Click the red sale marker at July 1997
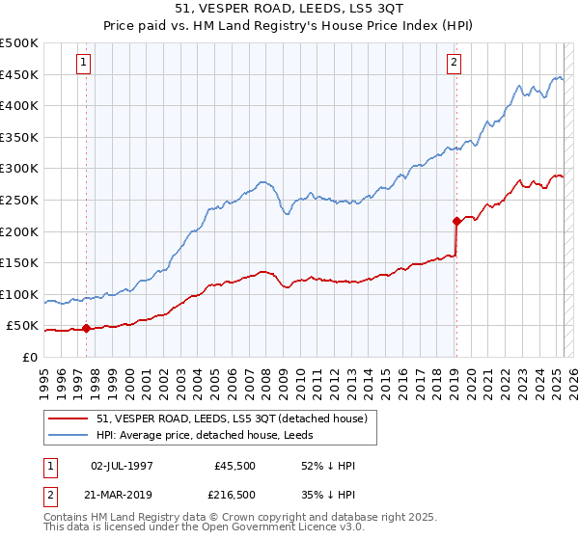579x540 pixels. click(x=86, y=329)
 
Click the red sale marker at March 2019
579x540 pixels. click(x=456, y=221)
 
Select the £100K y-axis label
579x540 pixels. click(x=19, y=295)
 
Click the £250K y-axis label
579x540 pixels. click(x=19, y=201)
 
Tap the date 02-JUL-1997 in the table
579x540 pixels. click(x=122, y=466)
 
